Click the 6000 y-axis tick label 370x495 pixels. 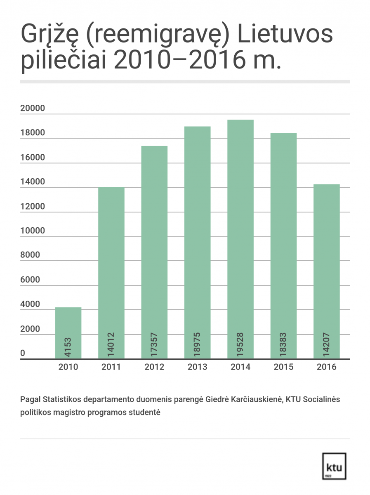(x=30, y=280)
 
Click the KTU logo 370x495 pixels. (x=334, y=466)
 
